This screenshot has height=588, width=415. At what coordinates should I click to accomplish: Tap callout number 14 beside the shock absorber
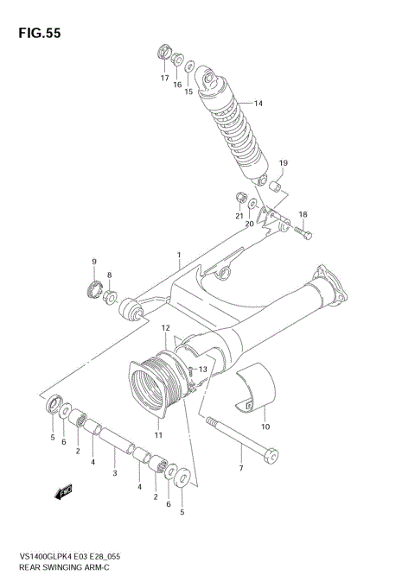pos(258,104)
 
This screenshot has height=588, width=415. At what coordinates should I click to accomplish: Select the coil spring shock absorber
pos(233,126)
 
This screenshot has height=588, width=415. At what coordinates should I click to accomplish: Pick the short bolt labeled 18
pos(301,231)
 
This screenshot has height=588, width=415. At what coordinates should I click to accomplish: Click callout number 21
pos(239,218)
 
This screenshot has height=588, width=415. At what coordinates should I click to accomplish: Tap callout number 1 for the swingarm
pos(179,255)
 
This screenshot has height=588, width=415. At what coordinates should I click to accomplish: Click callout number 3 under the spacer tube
pos(115,474)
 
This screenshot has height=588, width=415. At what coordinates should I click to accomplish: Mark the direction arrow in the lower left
pos(61,494)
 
